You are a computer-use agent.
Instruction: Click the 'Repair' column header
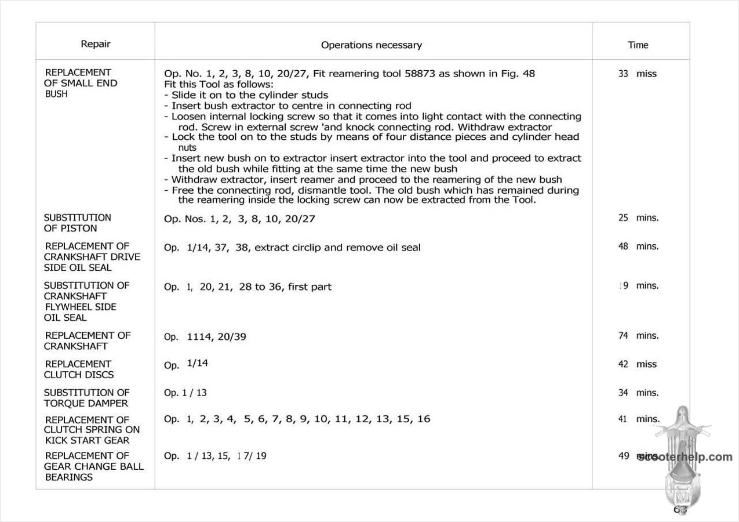[x=96, y=44]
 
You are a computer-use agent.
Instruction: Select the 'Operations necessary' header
[x=372, y=45]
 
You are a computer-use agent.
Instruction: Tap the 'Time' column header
[x=638, y=45]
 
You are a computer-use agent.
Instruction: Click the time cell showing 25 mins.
[x=638, y=218]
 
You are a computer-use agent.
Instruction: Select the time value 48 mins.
[x=638, y=246]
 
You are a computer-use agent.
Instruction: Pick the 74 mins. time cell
[x=638, y=336]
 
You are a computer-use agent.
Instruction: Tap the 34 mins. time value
[x=638, y=393]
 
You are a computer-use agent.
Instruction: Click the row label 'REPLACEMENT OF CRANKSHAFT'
[x=88, y=340]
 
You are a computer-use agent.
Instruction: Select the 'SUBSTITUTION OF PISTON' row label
[x=78, y=223]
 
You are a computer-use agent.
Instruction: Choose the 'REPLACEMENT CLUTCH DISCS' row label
[x=79, y=369]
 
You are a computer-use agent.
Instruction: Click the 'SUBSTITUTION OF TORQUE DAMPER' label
[x=87, y=397]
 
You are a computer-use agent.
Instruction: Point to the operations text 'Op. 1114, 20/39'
[x=205, y=336]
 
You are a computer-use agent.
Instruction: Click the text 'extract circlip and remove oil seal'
[x=338, y=248]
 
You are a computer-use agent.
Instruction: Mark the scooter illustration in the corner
[x=685, y=458]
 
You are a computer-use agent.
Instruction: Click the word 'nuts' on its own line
[x=187, y=148]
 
